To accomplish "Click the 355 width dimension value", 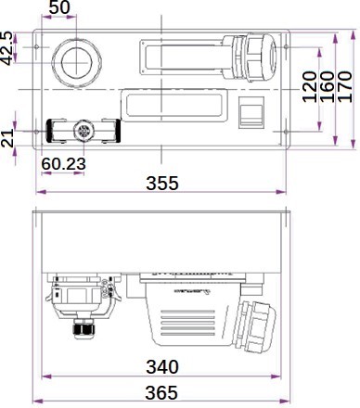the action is coord(162,183).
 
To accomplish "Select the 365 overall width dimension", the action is coord(161,392).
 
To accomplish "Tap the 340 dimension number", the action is coord(162,367).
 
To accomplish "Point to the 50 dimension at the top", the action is coord(59,7).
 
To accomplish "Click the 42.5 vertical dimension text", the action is coord(6,48).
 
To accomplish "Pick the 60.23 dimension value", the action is coord(64,163).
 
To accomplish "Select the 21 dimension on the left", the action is coord(7,138).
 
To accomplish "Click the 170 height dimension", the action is coord(345,87).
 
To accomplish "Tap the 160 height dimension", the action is coord(328,87).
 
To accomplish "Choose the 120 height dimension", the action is coord(310,87).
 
